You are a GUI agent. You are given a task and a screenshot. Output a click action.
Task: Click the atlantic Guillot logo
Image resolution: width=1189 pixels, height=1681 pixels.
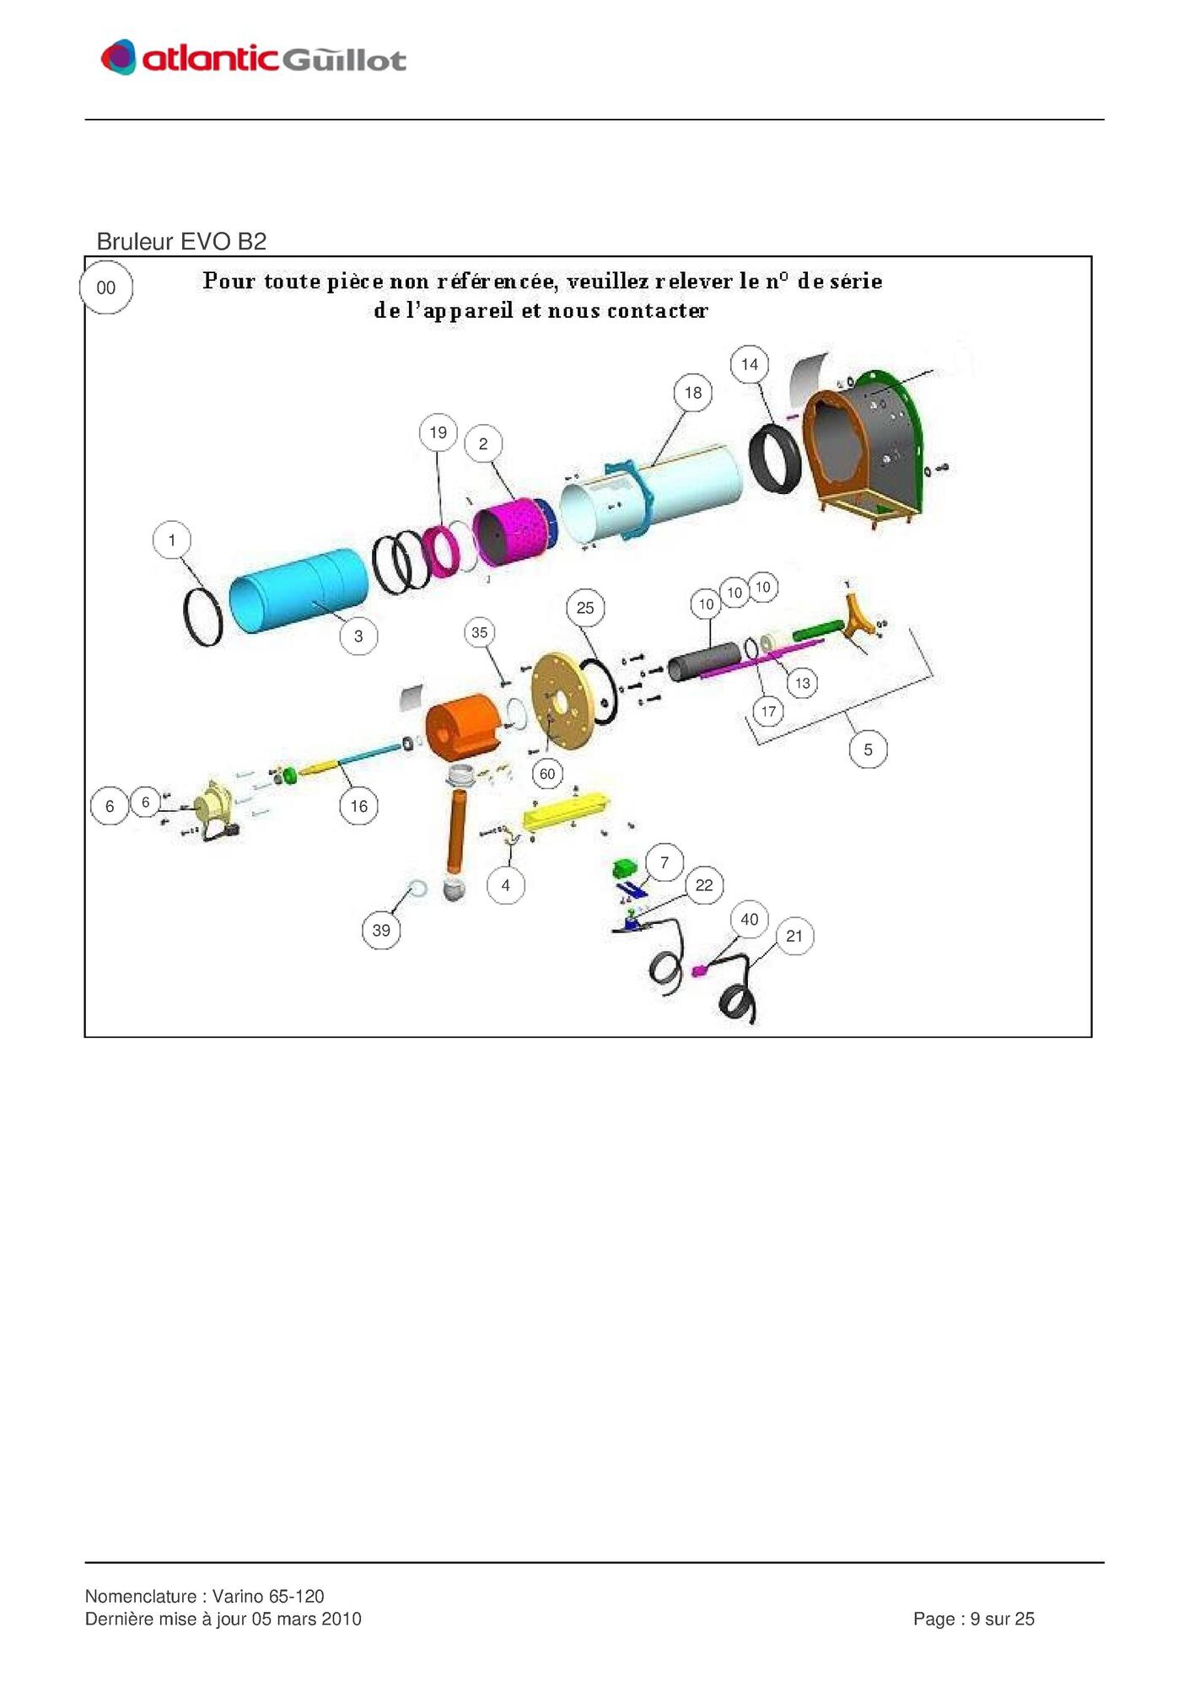tap(253, 57)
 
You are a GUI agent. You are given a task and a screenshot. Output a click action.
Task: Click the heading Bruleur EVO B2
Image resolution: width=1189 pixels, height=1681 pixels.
tap(181, 242)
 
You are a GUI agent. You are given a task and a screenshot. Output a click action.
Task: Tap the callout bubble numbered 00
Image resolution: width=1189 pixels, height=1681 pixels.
tap(106, 287)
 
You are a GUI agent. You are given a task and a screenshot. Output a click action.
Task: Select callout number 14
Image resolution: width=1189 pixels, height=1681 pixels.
tap(750, 365)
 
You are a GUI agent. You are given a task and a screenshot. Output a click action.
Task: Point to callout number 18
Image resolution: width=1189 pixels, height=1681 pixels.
tap(693, 393)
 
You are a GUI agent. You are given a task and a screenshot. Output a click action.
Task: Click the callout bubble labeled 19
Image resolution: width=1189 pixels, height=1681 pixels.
tap(438, 432)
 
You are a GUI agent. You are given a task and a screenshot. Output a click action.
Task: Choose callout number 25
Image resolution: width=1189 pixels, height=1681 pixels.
tap(585, 608)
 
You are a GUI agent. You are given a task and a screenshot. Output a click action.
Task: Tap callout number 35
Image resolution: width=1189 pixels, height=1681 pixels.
tap(480, 632)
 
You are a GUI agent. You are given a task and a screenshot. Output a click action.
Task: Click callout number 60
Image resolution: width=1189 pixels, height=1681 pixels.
tap(547, 774)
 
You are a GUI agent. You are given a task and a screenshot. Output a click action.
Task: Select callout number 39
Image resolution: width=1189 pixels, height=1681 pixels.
tap(381, 931)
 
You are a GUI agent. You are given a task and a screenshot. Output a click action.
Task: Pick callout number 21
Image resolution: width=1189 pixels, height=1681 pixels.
tap(794, 936)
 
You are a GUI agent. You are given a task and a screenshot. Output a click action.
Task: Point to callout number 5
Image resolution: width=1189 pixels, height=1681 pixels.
tap(868, 749)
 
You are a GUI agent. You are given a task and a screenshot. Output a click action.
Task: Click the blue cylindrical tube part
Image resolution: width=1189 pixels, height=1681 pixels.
tap(299, 591)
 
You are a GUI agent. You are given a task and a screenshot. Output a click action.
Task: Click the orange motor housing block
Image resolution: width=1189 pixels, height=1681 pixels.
tap(463, 727)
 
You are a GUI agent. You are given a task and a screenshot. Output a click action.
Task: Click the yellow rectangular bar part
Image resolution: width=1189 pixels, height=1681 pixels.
tap(566, 811)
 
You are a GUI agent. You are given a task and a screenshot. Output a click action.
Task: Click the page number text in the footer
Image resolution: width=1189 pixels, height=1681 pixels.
tap(974, 1619)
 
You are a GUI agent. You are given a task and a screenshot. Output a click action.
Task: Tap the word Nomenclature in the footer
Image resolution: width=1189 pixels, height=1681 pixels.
tap(141, 1596)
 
